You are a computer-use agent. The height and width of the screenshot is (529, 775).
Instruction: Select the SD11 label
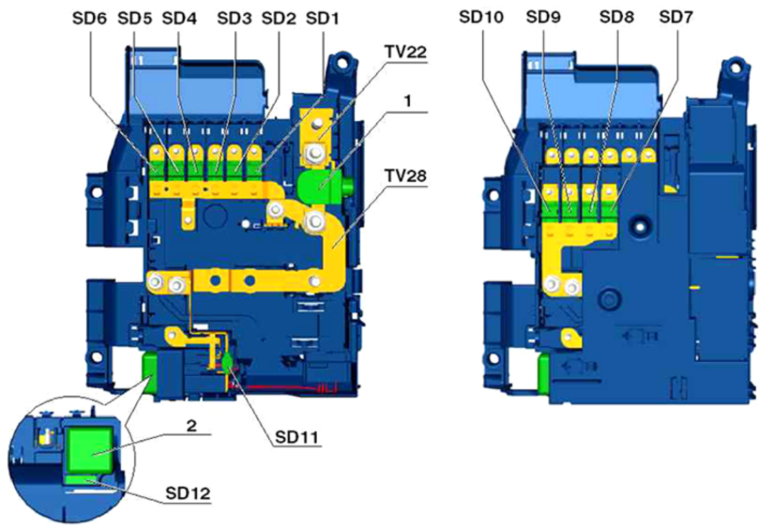click(293, 435)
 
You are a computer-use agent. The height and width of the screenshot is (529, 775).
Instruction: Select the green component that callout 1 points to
click(319, 185)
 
